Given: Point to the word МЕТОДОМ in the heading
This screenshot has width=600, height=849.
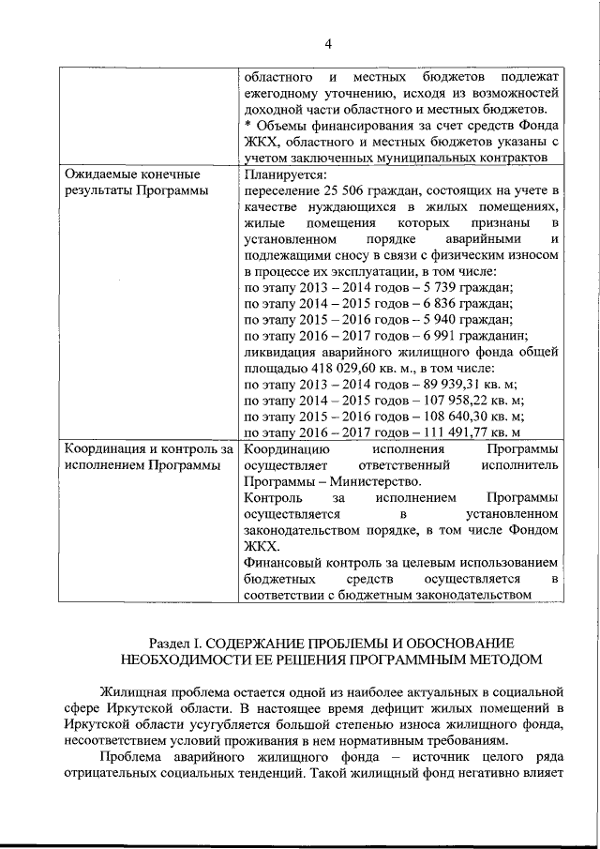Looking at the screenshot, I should (x=504, y=659).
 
